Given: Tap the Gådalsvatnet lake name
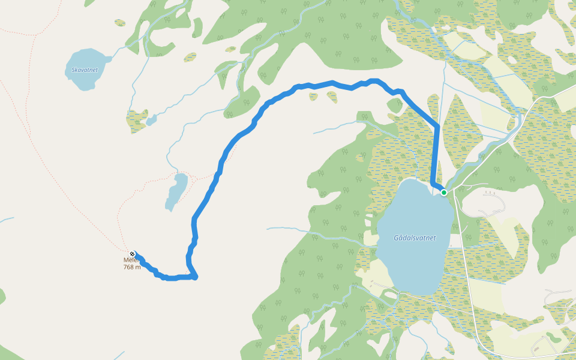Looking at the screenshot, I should (x=415, y=238).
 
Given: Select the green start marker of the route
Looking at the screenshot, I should (x=443, y=192).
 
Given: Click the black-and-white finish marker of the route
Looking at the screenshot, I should (x=133, y=254).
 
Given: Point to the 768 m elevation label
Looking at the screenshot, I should (x=132, y=267).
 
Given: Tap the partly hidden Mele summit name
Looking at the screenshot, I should (x=127, y=260).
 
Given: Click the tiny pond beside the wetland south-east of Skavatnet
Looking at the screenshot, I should (x=151, y=119).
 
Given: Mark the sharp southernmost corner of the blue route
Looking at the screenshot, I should (x=195, y=277).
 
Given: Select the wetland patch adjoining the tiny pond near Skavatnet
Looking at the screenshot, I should (x=137, y=120).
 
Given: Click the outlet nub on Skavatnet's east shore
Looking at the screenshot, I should (x=108, y=59).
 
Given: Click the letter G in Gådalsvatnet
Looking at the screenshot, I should (x=396, y=238).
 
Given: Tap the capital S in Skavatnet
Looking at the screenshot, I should (x=73, y=70).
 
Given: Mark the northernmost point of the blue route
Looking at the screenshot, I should (x=374, y=80).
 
